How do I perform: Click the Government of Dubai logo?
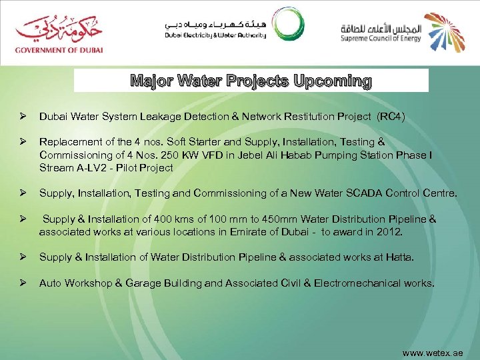coord(59,33)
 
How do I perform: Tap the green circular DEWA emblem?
coord(289,27)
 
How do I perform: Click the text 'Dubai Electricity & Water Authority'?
coord(215,35)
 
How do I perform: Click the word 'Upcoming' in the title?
coord(331,81)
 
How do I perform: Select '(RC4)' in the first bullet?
coord(391,117)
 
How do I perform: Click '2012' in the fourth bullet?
coord(389,232)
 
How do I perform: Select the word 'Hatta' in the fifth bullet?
coord(399,257)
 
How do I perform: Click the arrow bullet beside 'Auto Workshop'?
coord(22,283)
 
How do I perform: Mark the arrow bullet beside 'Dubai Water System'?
coord(22,117)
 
